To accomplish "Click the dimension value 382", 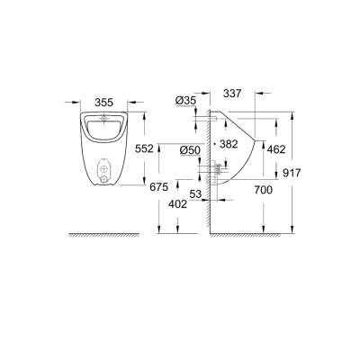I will [x=228, y=143].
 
